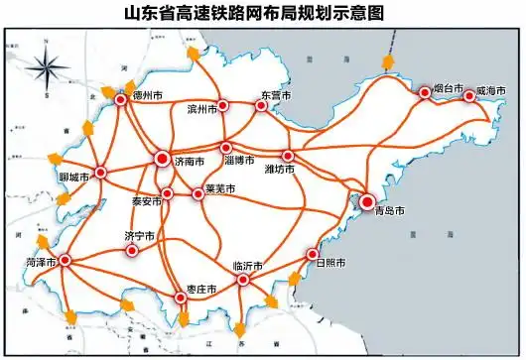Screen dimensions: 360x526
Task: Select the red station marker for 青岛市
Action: point(366,201)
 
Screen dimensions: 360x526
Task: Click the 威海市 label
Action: point(490,90)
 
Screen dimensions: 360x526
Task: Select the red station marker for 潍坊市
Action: point(288,156)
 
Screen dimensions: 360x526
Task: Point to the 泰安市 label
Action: point(146,200)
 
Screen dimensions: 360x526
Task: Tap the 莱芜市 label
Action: point(219,188)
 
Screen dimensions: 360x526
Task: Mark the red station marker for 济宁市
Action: point(132,250)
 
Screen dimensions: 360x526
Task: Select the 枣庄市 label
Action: point(201,288)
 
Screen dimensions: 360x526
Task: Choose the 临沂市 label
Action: point(246,267)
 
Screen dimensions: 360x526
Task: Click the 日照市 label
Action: point(329,263)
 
